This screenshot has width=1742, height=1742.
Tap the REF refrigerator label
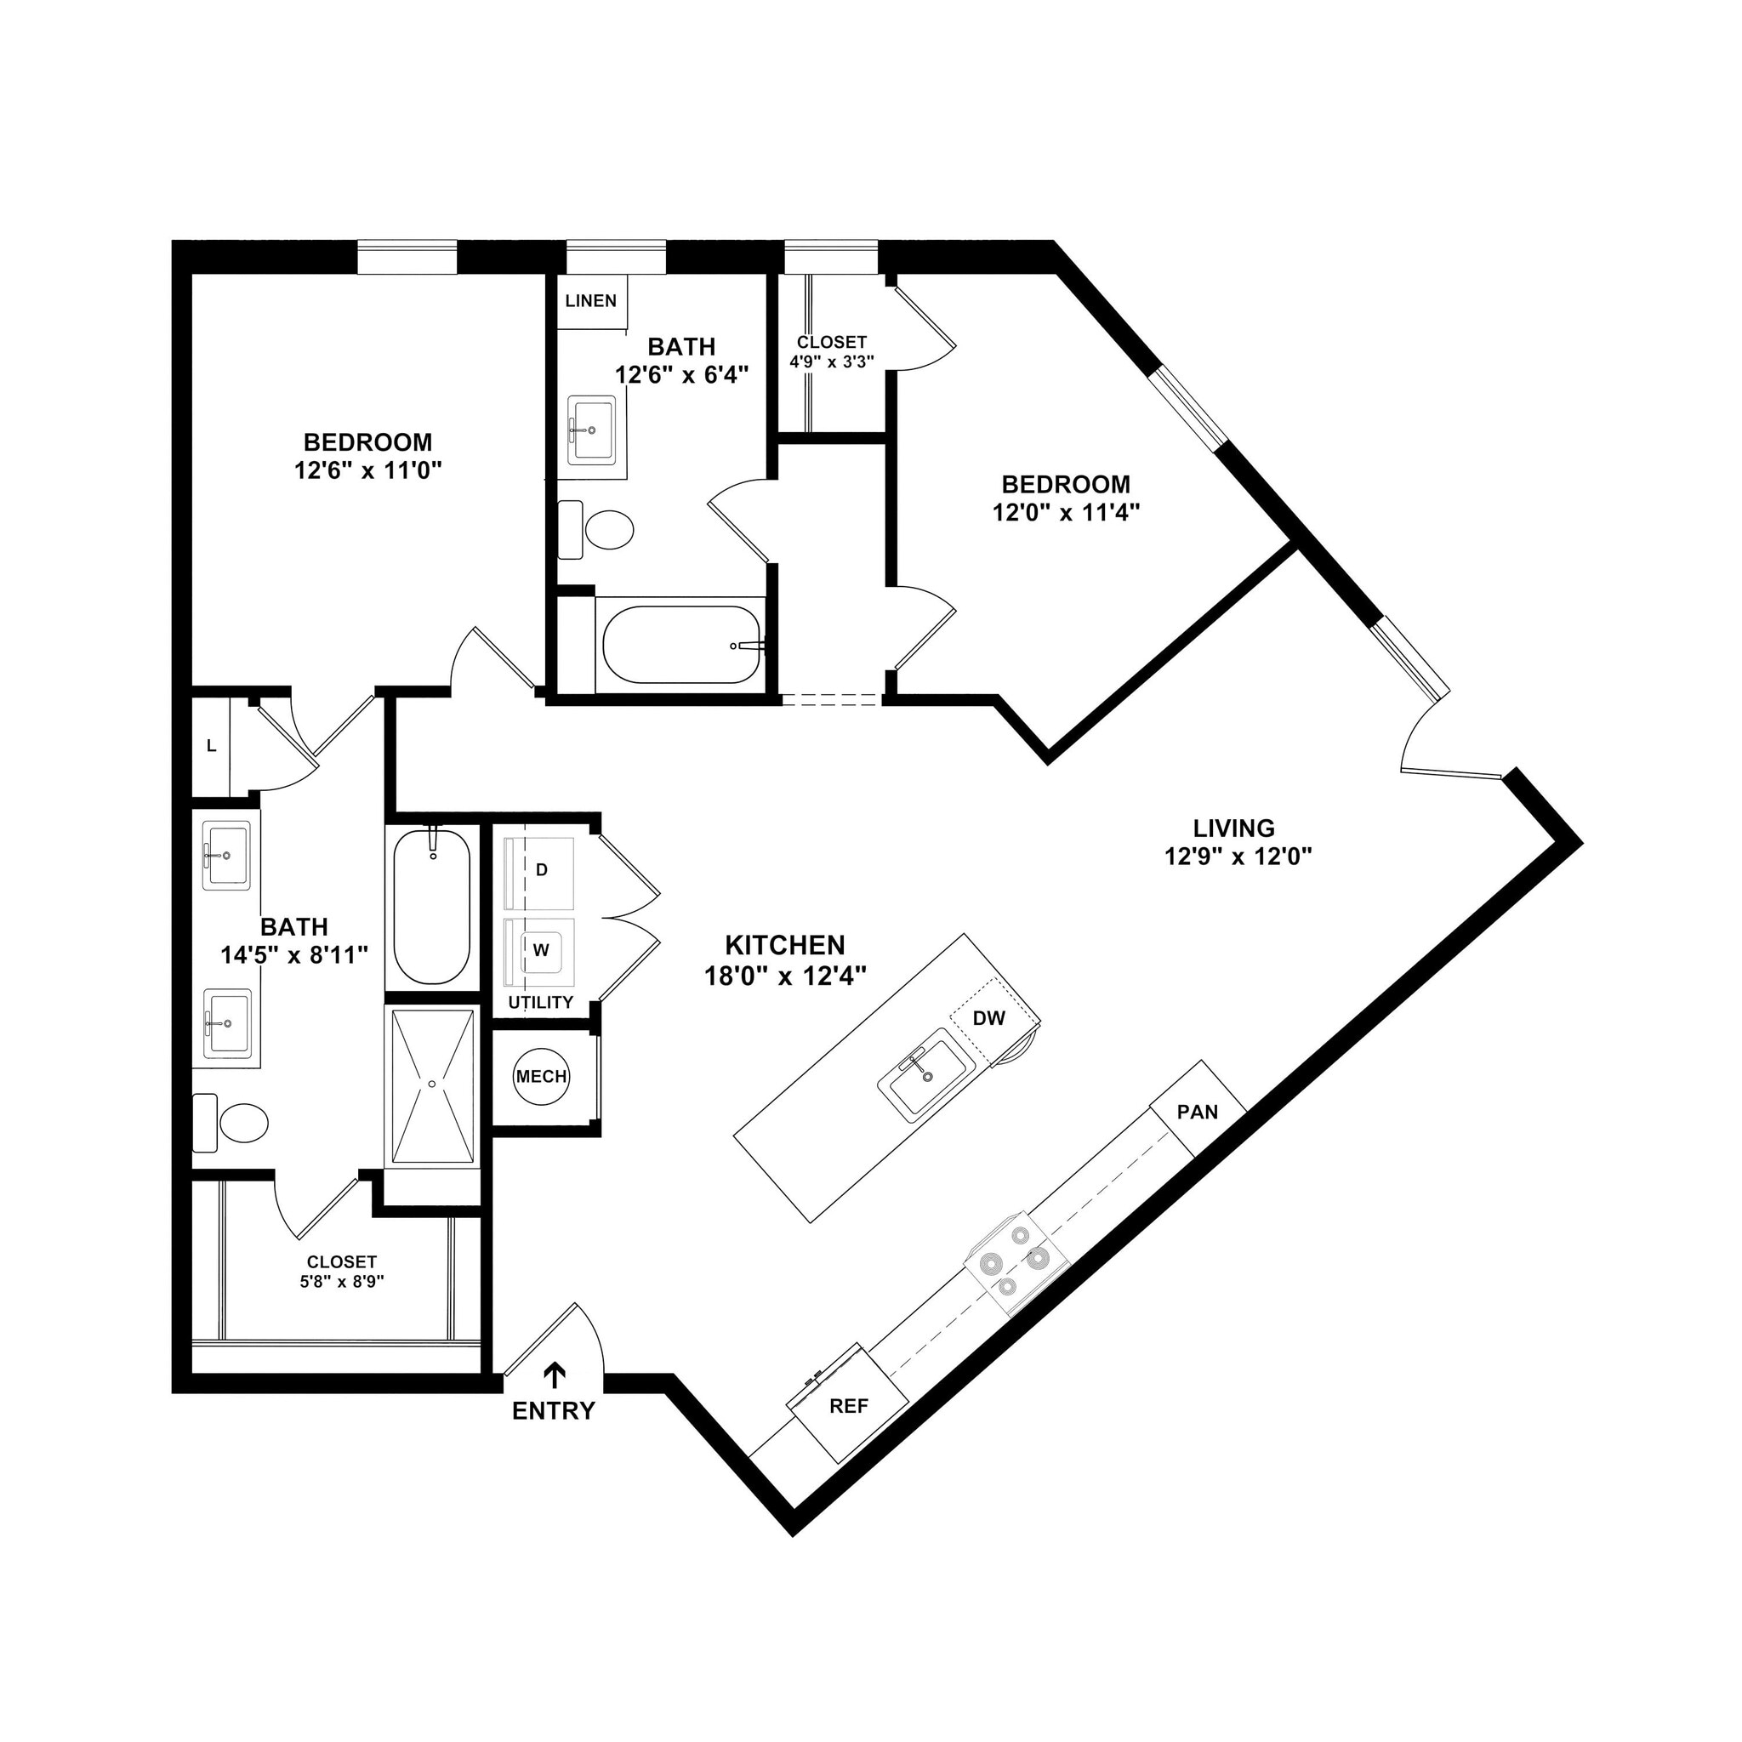click(x=848, y=1406)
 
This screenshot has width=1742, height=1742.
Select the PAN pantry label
click(x=1198, y=1112)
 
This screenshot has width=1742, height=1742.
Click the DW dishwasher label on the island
click(x=989, y=1019)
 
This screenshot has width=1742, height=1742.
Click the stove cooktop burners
click(x=1016, y=1262)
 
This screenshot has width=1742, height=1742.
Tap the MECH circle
click(x=541, y=1076)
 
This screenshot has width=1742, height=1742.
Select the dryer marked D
click(x=541, y=870)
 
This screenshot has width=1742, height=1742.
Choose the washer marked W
click(x=541, y=950)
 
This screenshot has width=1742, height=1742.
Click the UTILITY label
click(x=540, y=1003)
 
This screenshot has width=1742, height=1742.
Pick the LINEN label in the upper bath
click(x=590, y=301)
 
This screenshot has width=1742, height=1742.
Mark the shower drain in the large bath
click(x=432, y=1083)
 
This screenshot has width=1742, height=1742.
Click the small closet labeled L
click(x=211, y=746)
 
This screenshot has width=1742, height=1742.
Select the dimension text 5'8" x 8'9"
click(x=342, y=1281)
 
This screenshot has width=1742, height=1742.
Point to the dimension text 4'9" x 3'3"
click(x=831, y=361)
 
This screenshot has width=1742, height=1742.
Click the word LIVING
click(x=1233, y=828)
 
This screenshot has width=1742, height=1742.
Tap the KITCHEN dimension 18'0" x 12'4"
click(x=784, y=975)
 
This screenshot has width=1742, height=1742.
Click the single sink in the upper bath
click(x=591, y=430)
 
